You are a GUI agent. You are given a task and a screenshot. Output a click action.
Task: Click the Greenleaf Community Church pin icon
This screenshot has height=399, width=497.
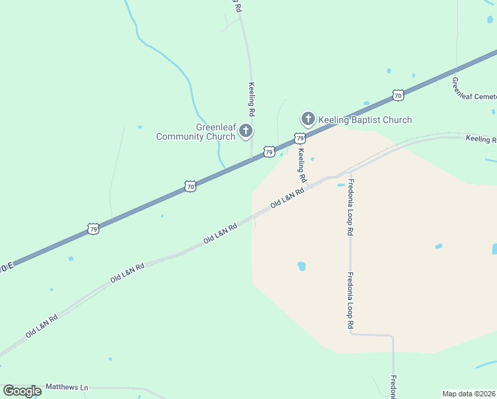click(246, 130)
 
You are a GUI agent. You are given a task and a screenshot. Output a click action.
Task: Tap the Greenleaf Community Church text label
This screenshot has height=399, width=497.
click(196, 132)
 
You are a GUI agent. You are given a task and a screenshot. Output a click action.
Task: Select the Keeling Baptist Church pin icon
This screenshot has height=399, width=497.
click(308, 119)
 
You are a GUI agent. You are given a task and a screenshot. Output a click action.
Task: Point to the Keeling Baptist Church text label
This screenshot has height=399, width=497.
click(365, 120)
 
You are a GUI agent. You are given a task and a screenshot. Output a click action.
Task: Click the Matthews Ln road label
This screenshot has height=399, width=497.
click(66, 387)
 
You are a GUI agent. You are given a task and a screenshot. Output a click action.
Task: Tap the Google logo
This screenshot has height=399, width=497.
click(22, 391)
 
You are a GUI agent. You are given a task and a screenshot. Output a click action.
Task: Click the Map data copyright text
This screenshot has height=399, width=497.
click(469, 394)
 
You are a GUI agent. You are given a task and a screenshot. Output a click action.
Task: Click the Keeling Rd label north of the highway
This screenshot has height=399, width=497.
click(252, 100)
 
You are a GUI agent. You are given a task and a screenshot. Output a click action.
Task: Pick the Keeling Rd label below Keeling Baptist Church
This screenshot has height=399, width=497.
click(302, 165)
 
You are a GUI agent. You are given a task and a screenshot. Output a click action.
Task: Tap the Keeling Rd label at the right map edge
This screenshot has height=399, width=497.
click(481, 140)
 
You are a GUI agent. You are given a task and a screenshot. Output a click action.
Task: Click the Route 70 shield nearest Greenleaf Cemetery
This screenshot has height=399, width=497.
click(397, 95)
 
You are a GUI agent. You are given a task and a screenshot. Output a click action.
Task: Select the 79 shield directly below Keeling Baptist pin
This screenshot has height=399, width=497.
click(300, 138)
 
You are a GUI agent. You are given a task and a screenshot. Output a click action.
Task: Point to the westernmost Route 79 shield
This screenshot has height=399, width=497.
click(93, 229)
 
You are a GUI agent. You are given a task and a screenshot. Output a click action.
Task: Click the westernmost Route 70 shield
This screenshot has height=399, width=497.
click(190, 188)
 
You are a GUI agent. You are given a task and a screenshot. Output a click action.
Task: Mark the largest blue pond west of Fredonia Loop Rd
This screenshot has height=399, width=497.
click(302, 266)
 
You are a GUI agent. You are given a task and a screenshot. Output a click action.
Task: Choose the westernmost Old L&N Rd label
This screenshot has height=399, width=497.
click(41, 325)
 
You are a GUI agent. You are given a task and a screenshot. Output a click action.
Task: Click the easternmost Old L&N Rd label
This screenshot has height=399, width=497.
click(287, 198)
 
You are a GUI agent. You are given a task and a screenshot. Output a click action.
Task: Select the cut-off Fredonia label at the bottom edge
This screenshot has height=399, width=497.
click(393, 388)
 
